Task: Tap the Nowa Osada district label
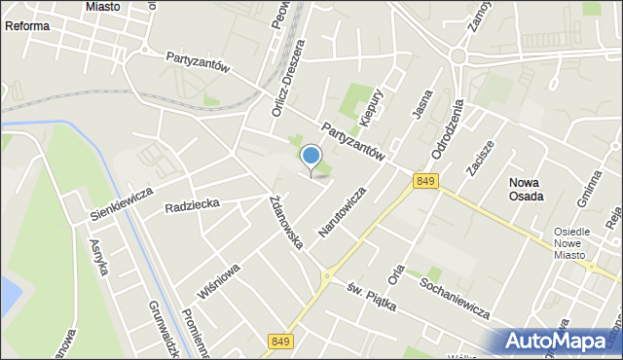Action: [x=526, y=188]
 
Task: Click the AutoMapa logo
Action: [x=562, y=341]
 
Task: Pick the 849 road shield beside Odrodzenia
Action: [x=424, y=181]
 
